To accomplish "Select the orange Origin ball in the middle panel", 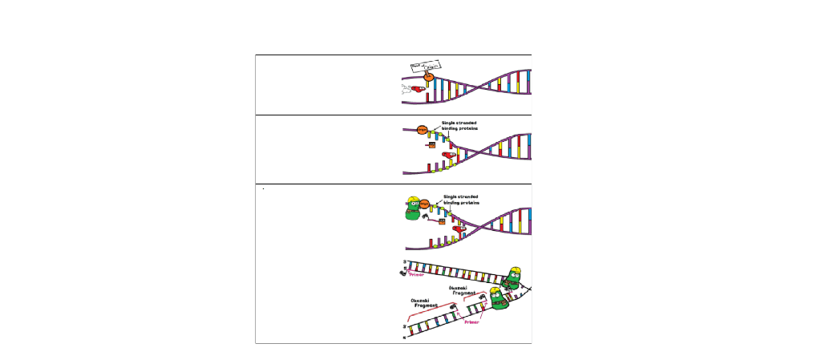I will pyautogui.click(x=422, y=129).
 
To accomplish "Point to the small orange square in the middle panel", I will pyautogui.click(x=431, y=145).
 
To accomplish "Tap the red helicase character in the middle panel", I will pyautogui.click(x=449, y=154).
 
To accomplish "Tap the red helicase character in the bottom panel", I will pyautogui.click(x=460, y=229).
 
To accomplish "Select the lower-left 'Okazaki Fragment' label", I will pyautogui.click(x=423, y=304).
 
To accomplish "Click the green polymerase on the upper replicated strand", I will pyautogui.click(x=512, y=279).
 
